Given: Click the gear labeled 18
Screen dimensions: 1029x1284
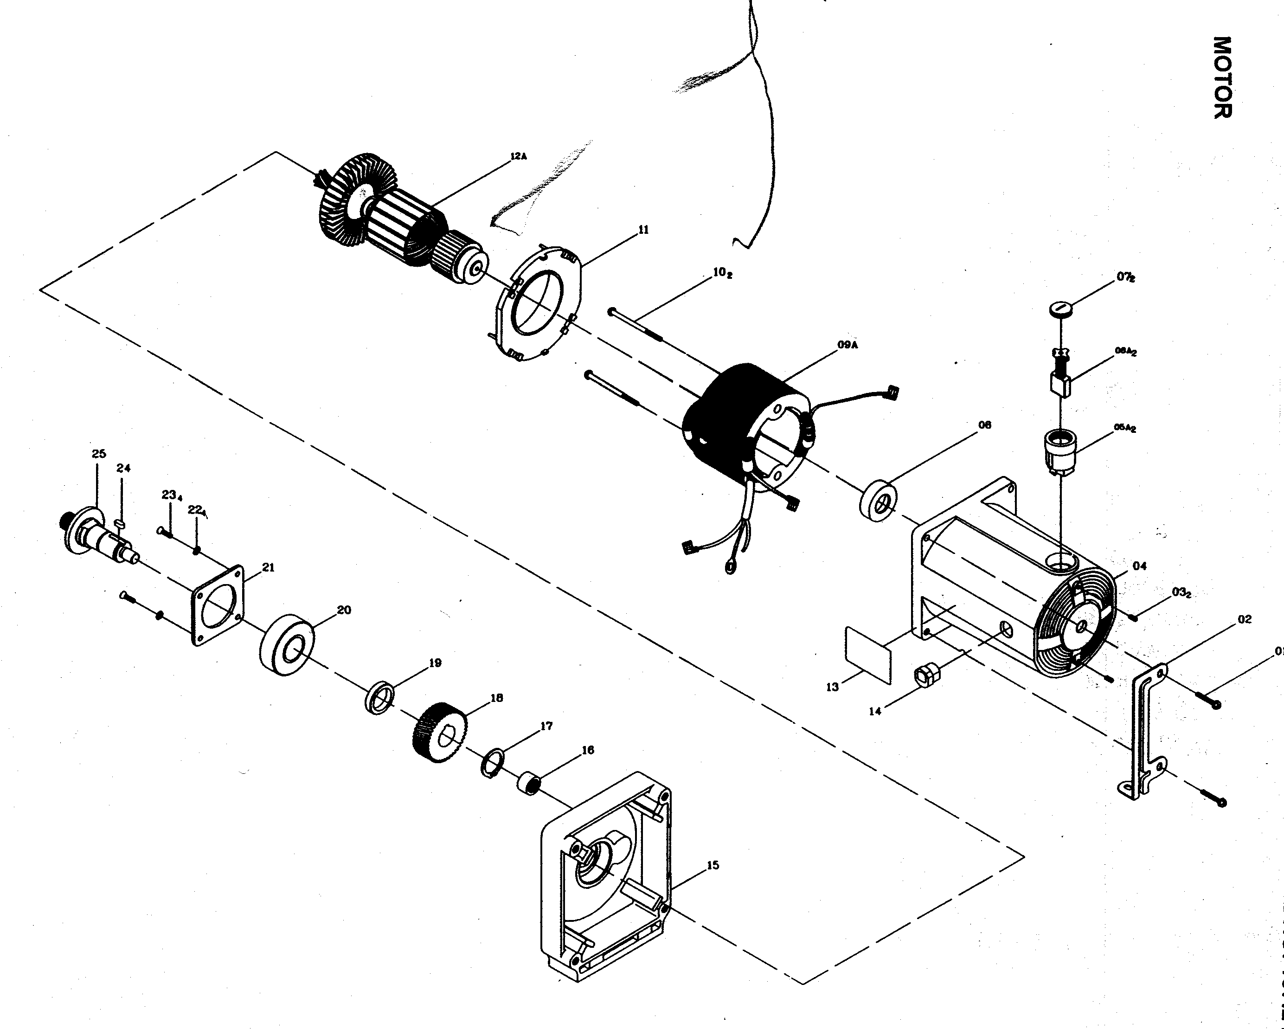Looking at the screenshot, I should pyautogui.click(x=439, y=737).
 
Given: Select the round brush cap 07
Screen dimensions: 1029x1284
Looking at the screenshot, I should pyautogui.click(x=1059, y=309).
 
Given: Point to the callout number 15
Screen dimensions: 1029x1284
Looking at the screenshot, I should pyautogui.click(x=713, y=865).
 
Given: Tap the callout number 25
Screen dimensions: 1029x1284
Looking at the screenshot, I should pyautogui.click(x=99, y=454).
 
